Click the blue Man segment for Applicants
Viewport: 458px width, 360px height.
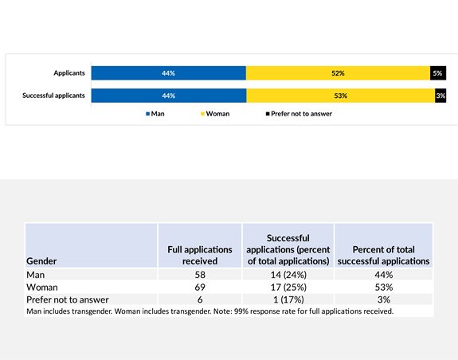[168, 73]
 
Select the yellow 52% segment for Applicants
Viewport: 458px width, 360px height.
[338, 73]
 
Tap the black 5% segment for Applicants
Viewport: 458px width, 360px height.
[437, 73]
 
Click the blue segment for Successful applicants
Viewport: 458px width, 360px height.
[168, 96]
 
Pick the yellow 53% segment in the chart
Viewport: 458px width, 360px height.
[340, 96]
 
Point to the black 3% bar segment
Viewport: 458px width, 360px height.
[440, 96]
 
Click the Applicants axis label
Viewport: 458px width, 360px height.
[69, 73]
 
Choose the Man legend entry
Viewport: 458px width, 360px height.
[155, 114]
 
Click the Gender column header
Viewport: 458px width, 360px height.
[41, 260]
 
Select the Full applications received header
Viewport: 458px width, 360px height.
[200, 255]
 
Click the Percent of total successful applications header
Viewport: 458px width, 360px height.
[384, 255]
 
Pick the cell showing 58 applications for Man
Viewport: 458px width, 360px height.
[200, 274]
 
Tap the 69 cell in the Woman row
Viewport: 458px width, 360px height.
[200, 287]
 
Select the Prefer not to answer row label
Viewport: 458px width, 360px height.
[68, 299]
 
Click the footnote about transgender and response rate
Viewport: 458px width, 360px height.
[210, 311]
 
